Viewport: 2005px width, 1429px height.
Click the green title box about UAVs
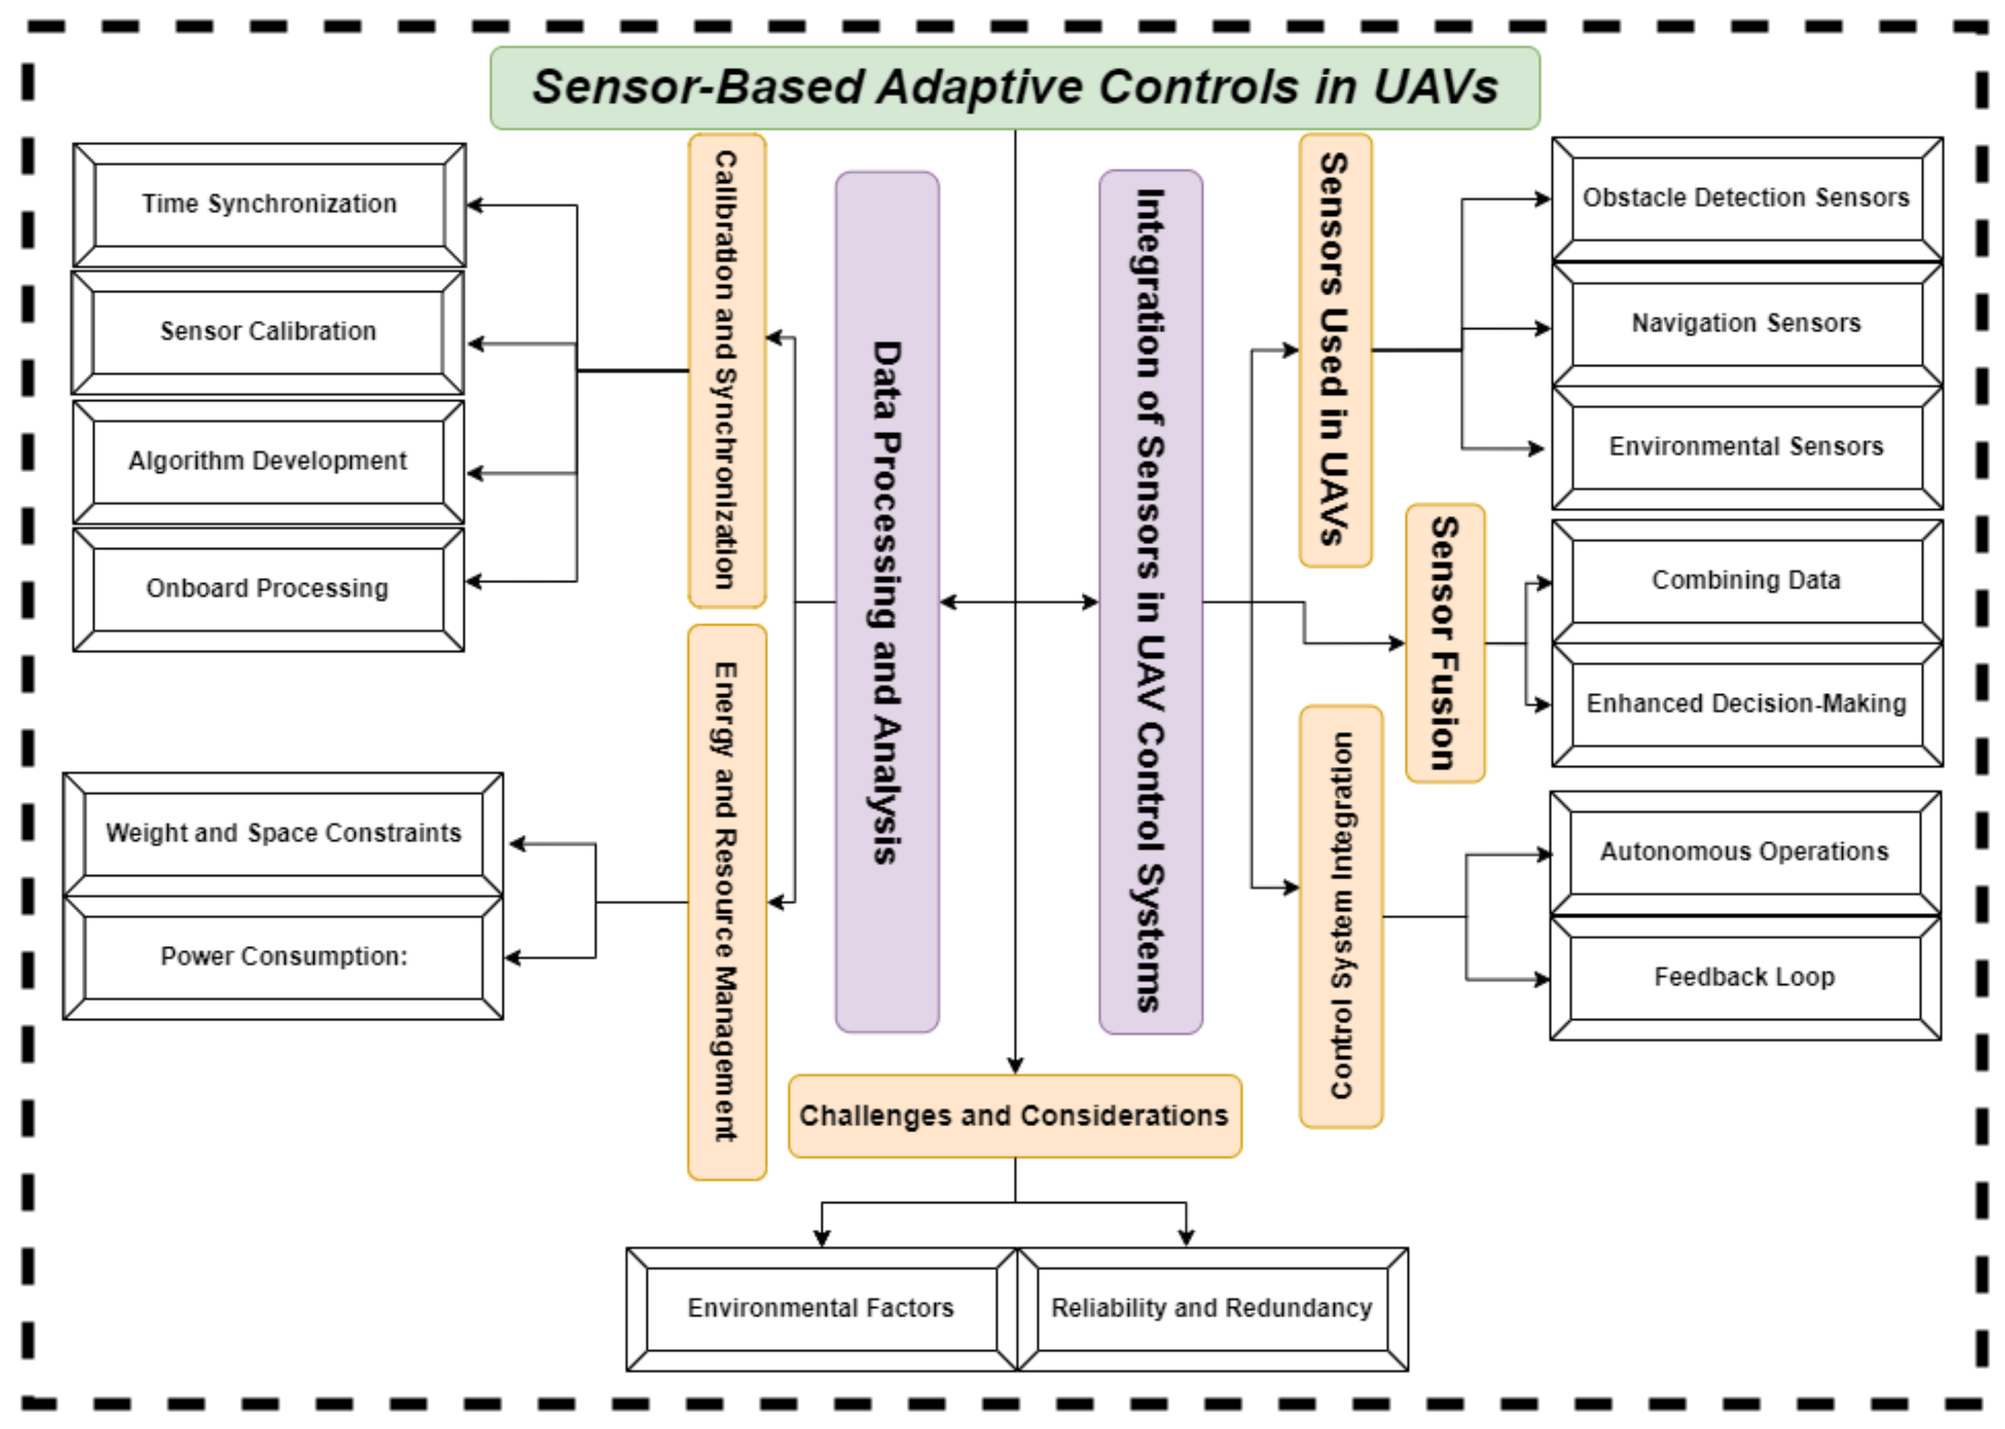(x=1014, y=88)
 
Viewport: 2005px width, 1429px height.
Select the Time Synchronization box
(x=269, y=204)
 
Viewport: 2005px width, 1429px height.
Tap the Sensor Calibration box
(x=268, y=332)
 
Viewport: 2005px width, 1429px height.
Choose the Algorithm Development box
(x=268, y=461)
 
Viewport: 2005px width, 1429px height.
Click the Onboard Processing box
(x=268, y=588)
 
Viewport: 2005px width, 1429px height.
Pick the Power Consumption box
(x=283, y=957)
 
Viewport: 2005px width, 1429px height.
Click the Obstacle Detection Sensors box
(x=1747, y=198)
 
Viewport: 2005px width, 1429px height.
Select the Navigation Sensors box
(x=1747, y=324)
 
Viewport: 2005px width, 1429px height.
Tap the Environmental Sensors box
(x=1747, y=447)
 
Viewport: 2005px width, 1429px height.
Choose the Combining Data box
(x=1747, y=581)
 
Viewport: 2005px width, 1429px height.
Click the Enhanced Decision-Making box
(x=1747, y=704)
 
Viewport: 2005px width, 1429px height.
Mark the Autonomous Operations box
(x=1745, y=852)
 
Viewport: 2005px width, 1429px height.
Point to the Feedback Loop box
(x=1745, y=978)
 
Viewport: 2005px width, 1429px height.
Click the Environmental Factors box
(x=820, y=1309)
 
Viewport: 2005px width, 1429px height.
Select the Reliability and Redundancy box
(x=1212, y=1309)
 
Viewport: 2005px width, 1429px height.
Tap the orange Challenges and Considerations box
(x=1014, y=1115)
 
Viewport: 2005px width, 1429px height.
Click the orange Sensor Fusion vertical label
(x=1444, y=643)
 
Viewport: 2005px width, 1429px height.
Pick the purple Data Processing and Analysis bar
(x=886, y=602)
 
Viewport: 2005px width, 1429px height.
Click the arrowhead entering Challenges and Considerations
(x=1015, y=1066)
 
